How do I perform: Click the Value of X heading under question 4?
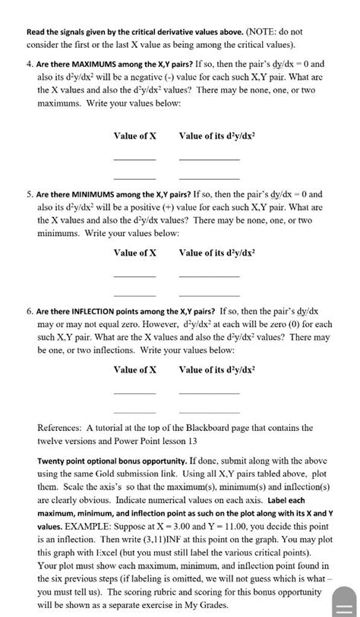pos(134,136)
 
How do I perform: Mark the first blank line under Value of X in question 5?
pos(134,276)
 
